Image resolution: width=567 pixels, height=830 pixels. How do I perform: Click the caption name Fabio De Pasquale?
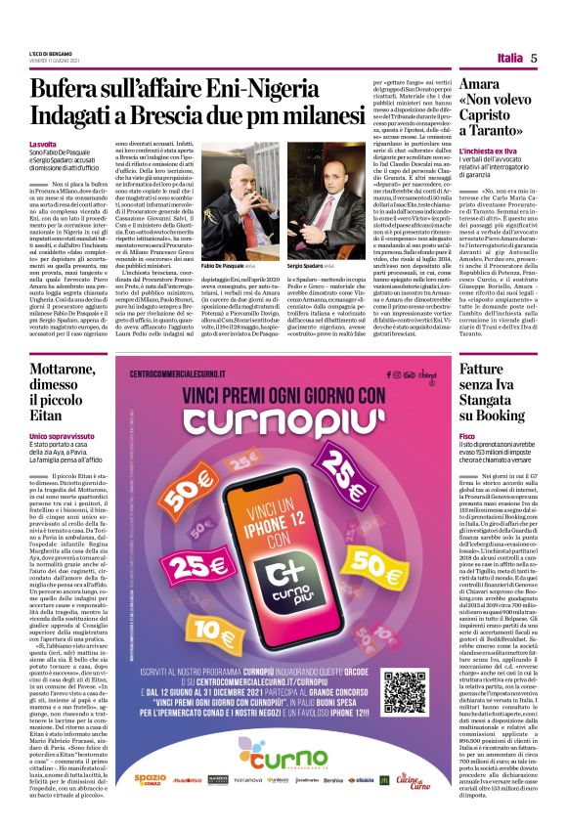(x=230, y=266)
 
